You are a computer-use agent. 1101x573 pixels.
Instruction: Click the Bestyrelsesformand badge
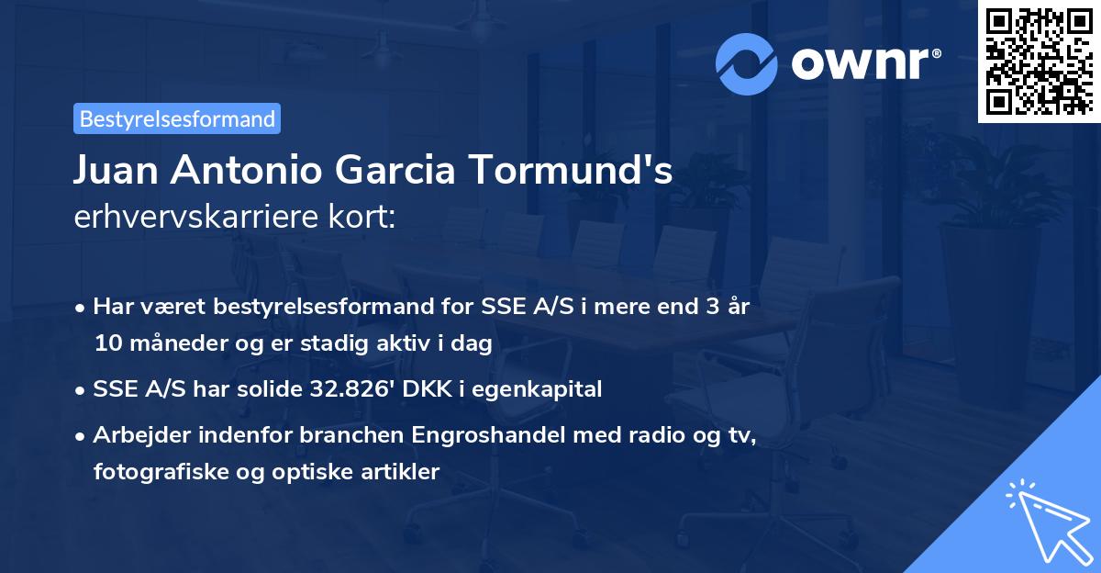pos(177,118)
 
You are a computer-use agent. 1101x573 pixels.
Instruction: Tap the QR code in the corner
pos(1039,62)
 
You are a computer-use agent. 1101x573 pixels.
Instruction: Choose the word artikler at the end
pos(404,472)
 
